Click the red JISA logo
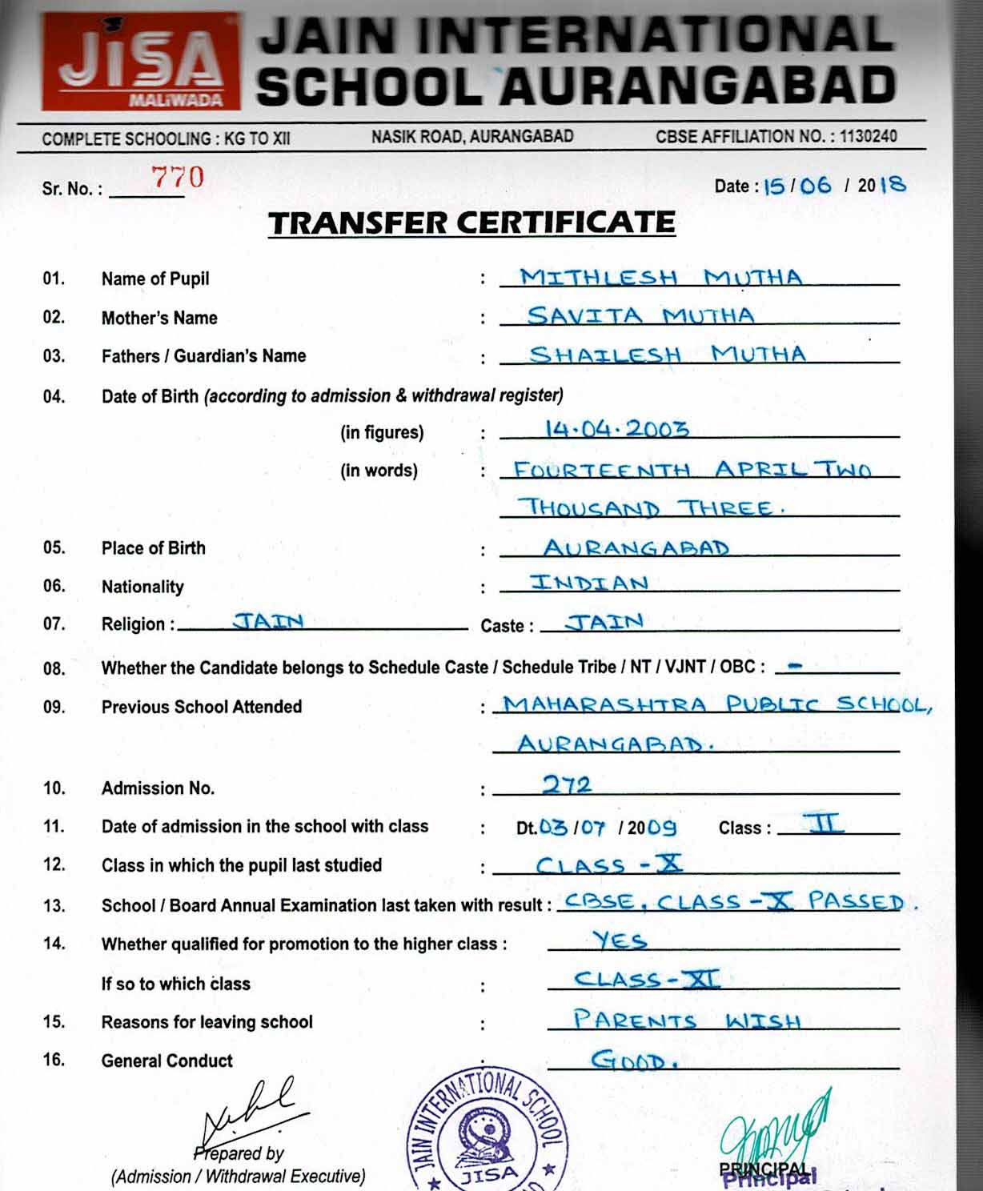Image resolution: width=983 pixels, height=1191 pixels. [x=141, y=62]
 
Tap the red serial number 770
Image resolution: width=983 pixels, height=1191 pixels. [x=178, y=178]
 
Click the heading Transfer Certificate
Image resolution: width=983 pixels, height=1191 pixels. [x=471, y=223]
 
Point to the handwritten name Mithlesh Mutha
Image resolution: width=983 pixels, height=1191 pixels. [x=660, y=277]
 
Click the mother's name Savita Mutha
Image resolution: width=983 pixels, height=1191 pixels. [x=640, y=315]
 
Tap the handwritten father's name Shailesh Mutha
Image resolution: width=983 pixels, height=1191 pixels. [x=667, y=354]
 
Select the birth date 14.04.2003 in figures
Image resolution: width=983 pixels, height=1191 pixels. [x=616, y=429]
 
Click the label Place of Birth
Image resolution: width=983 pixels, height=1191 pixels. [x=153, y=548]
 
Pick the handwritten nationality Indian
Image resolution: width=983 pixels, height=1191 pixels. [x=588, y=583]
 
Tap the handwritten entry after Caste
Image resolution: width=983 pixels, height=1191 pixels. [x=604, y=622]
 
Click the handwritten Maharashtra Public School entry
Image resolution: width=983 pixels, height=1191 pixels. [x=716, y=705]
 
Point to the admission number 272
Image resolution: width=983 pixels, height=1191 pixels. [x=567, y=784]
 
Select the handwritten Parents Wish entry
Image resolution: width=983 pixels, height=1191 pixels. [x=686, y=1021]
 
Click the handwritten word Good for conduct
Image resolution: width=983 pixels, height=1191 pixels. [x=634, y=1061]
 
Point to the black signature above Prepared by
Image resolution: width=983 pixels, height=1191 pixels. [x=248, y=1113]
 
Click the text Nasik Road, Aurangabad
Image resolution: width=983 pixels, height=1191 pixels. [x=471, y=136]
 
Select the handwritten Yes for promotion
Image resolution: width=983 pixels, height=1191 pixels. [x=620, y=940]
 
